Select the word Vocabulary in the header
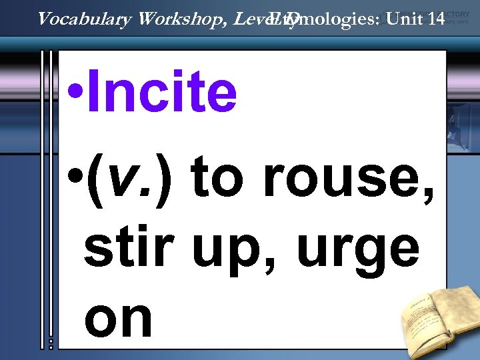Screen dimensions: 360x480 (85, 19)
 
